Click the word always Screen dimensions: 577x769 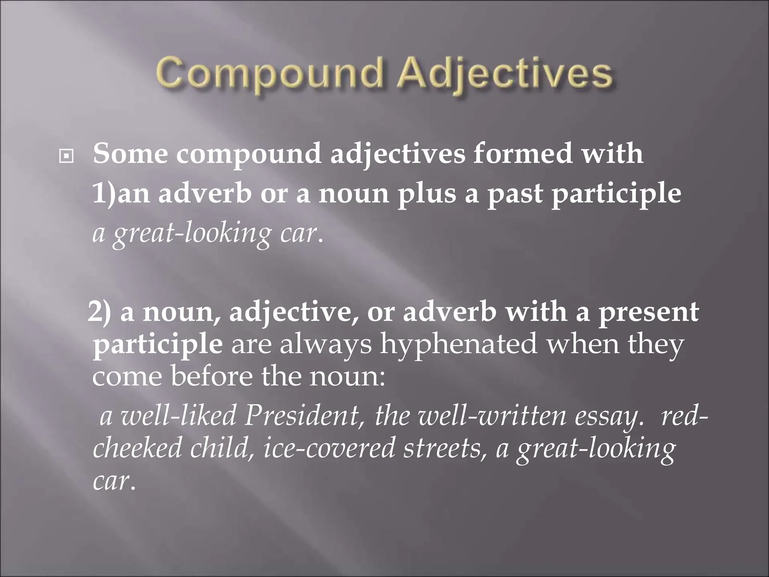point(326,346)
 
